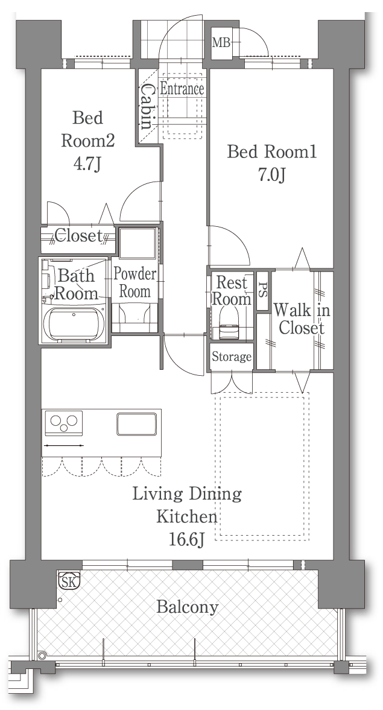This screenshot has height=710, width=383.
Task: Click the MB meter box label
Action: tap(221, 43)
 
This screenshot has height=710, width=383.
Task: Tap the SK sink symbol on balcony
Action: tap(69, 580)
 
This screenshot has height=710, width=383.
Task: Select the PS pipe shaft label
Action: tap(263, 290)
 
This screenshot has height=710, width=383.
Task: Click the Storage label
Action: tap(232, 357)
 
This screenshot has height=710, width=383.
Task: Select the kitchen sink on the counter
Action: tap(137, 424)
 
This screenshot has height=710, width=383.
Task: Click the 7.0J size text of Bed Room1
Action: tap(271, 175)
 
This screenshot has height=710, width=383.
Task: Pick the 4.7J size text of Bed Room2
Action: tap(86, 163)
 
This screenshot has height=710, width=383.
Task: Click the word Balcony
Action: tap(188, 607)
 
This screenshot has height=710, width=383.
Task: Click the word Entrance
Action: tap(182, 89)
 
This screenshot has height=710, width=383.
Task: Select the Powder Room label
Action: tap(135, 282)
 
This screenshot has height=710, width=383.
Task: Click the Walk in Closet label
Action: tap(302, 319)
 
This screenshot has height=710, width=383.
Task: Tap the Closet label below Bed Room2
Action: tap(78, 235)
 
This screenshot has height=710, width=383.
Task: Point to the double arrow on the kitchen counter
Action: tap(63, 446)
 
